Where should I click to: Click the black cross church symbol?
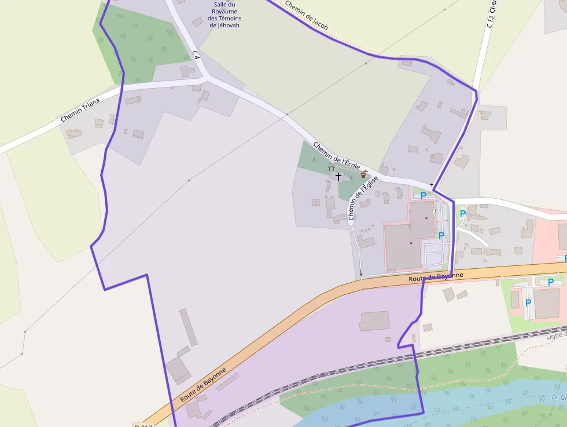coord(338,176)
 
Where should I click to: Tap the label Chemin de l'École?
coord(337,156)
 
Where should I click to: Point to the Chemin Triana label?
coord(80,110)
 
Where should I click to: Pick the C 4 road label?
coord(196,56)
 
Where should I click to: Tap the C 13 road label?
coord(492,14)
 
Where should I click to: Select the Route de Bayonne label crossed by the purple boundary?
coord(436,278)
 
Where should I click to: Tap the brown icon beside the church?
coord(364,173)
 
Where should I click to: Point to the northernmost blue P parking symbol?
coord(424,196)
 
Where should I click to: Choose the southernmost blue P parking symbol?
coord(528,303)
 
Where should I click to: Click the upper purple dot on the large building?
coord(426,218)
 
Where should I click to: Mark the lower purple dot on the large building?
coord(411,243)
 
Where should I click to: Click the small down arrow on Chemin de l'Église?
coord(361,272)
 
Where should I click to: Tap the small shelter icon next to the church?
coord(332,167)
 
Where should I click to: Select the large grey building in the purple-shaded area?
coord(374,321)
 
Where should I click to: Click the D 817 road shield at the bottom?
coord(142,425)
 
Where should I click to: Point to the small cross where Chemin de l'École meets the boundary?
coord(432,185)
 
